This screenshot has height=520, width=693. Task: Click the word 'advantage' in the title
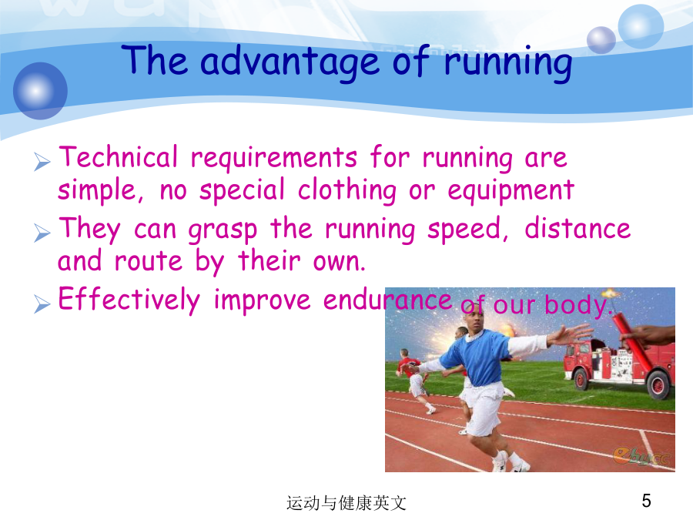point(290,62)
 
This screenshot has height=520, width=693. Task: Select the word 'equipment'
point(511,191)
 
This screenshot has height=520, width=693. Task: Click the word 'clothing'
point(347,191)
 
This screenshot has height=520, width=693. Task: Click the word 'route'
point(149,261)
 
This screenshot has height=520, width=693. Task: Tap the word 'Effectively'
point(129,300)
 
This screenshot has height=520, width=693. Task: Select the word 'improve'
point(262,300)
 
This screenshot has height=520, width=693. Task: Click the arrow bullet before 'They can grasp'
point(42,233)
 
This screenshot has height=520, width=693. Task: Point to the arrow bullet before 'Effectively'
point(42,304)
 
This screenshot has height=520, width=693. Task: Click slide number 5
point(646,501)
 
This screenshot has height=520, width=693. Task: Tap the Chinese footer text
point(346,503)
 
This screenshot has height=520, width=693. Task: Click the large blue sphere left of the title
point(40,91)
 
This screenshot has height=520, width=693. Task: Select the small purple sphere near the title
point(601,40)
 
